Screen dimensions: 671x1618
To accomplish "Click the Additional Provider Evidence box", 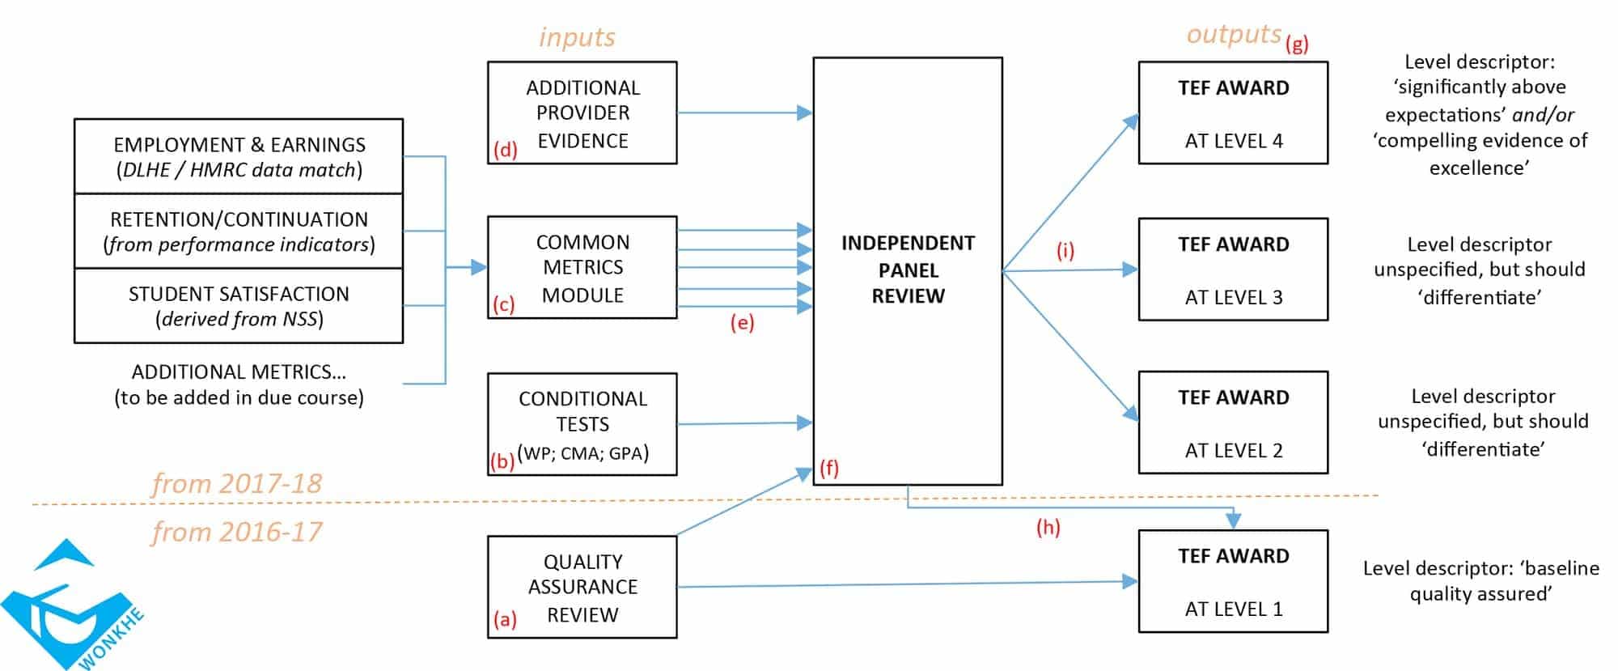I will tap(582, 113).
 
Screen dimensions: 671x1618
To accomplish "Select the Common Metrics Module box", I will tap(582, 267).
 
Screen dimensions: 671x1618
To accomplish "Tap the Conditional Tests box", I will tap(582, 424).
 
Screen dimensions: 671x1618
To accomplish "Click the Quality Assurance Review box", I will tap(582, 588).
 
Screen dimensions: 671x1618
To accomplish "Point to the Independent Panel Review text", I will tap(908, 270).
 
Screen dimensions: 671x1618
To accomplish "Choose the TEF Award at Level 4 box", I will tap(1233, 113).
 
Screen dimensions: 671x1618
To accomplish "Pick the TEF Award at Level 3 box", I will tap(1233, 270).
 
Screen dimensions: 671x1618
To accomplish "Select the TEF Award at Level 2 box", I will tap(1233, 423).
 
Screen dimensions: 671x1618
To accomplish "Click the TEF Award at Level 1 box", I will tap(1233, 581).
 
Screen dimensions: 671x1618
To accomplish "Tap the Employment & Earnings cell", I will tap(239, 157).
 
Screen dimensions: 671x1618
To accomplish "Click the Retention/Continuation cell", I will tap(239, 231).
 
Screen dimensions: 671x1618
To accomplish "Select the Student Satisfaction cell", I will tap(239, 306).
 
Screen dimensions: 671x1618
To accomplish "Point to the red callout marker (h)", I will tap(1048, 528).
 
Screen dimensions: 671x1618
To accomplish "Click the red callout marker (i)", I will tap(1065, 251).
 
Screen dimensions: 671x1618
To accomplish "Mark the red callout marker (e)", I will tap(742, 323).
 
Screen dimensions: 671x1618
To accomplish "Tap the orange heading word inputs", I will tap(577, 37).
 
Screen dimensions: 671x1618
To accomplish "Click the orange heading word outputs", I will tap(1234, 34).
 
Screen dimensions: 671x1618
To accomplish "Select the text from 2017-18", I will tap(237, 483).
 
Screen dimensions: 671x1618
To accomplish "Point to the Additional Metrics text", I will tap(239, 384).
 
